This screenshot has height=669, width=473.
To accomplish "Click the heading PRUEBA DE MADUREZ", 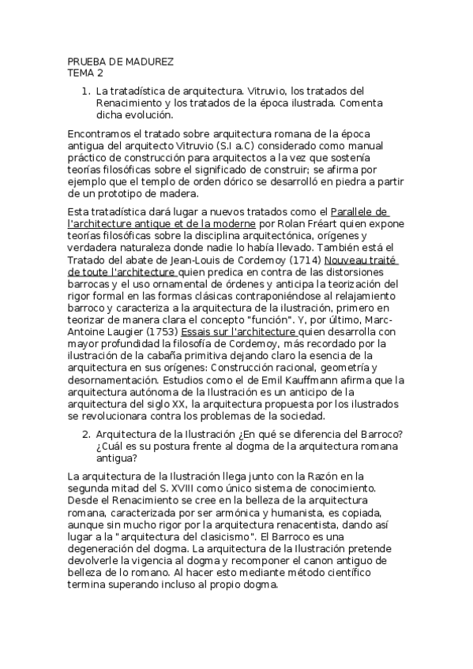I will click(x=121, y=62).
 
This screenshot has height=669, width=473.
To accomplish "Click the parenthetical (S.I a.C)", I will click(x=241, y=147).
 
